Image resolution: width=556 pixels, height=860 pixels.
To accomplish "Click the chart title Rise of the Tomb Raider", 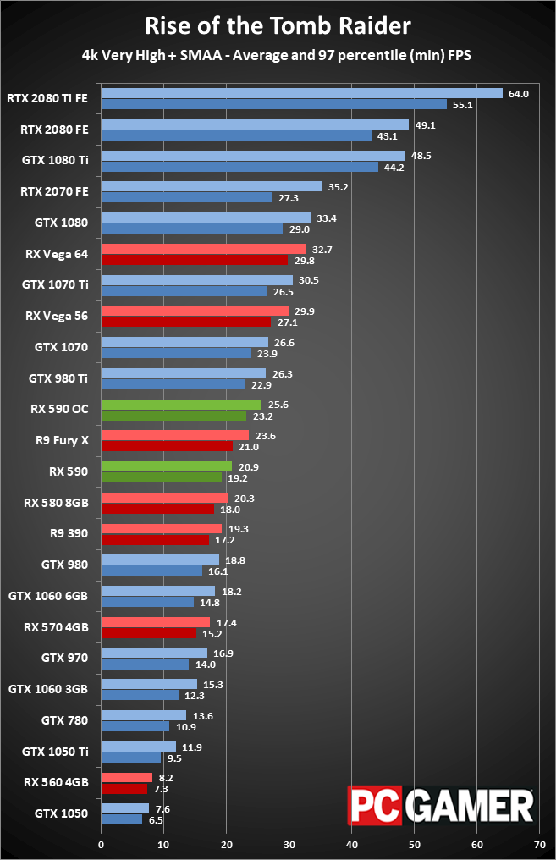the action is coord(278,25).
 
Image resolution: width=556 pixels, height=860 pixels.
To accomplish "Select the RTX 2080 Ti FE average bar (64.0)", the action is coord(301,93).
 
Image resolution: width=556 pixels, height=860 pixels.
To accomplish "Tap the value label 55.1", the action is coord(462,105).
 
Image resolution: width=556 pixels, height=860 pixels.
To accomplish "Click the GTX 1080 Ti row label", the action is coord(55,160).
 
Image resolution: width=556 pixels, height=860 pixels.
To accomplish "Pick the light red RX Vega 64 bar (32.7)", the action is coord(204,249).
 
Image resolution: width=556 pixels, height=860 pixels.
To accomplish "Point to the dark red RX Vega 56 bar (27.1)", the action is coord(186,322).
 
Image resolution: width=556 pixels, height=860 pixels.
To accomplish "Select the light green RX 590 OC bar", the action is coord(181,405).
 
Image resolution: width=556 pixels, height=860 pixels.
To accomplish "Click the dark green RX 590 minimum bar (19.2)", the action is coord(161,477).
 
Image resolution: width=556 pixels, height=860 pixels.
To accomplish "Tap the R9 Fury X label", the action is coord(62,440).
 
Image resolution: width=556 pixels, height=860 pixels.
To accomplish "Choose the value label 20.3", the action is coord(244,499).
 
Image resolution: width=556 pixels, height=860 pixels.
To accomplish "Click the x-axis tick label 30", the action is coord(289,845).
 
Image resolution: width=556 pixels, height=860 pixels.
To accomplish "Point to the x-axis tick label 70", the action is coord(540,845).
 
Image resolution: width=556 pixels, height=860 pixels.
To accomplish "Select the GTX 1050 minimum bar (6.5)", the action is coord(122,820).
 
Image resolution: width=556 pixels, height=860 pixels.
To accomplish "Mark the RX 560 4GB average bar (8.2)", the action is coord(127,778).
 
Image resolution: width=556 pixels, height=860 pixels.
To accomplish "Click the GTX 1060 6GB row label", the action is coord(48,596).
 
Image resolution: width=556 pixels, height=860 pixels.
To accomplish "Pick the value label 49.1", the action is coord(425,125).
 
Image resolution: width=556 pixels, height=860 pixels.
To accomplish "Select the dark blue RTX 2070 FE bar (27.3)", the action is coord(187,197).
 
